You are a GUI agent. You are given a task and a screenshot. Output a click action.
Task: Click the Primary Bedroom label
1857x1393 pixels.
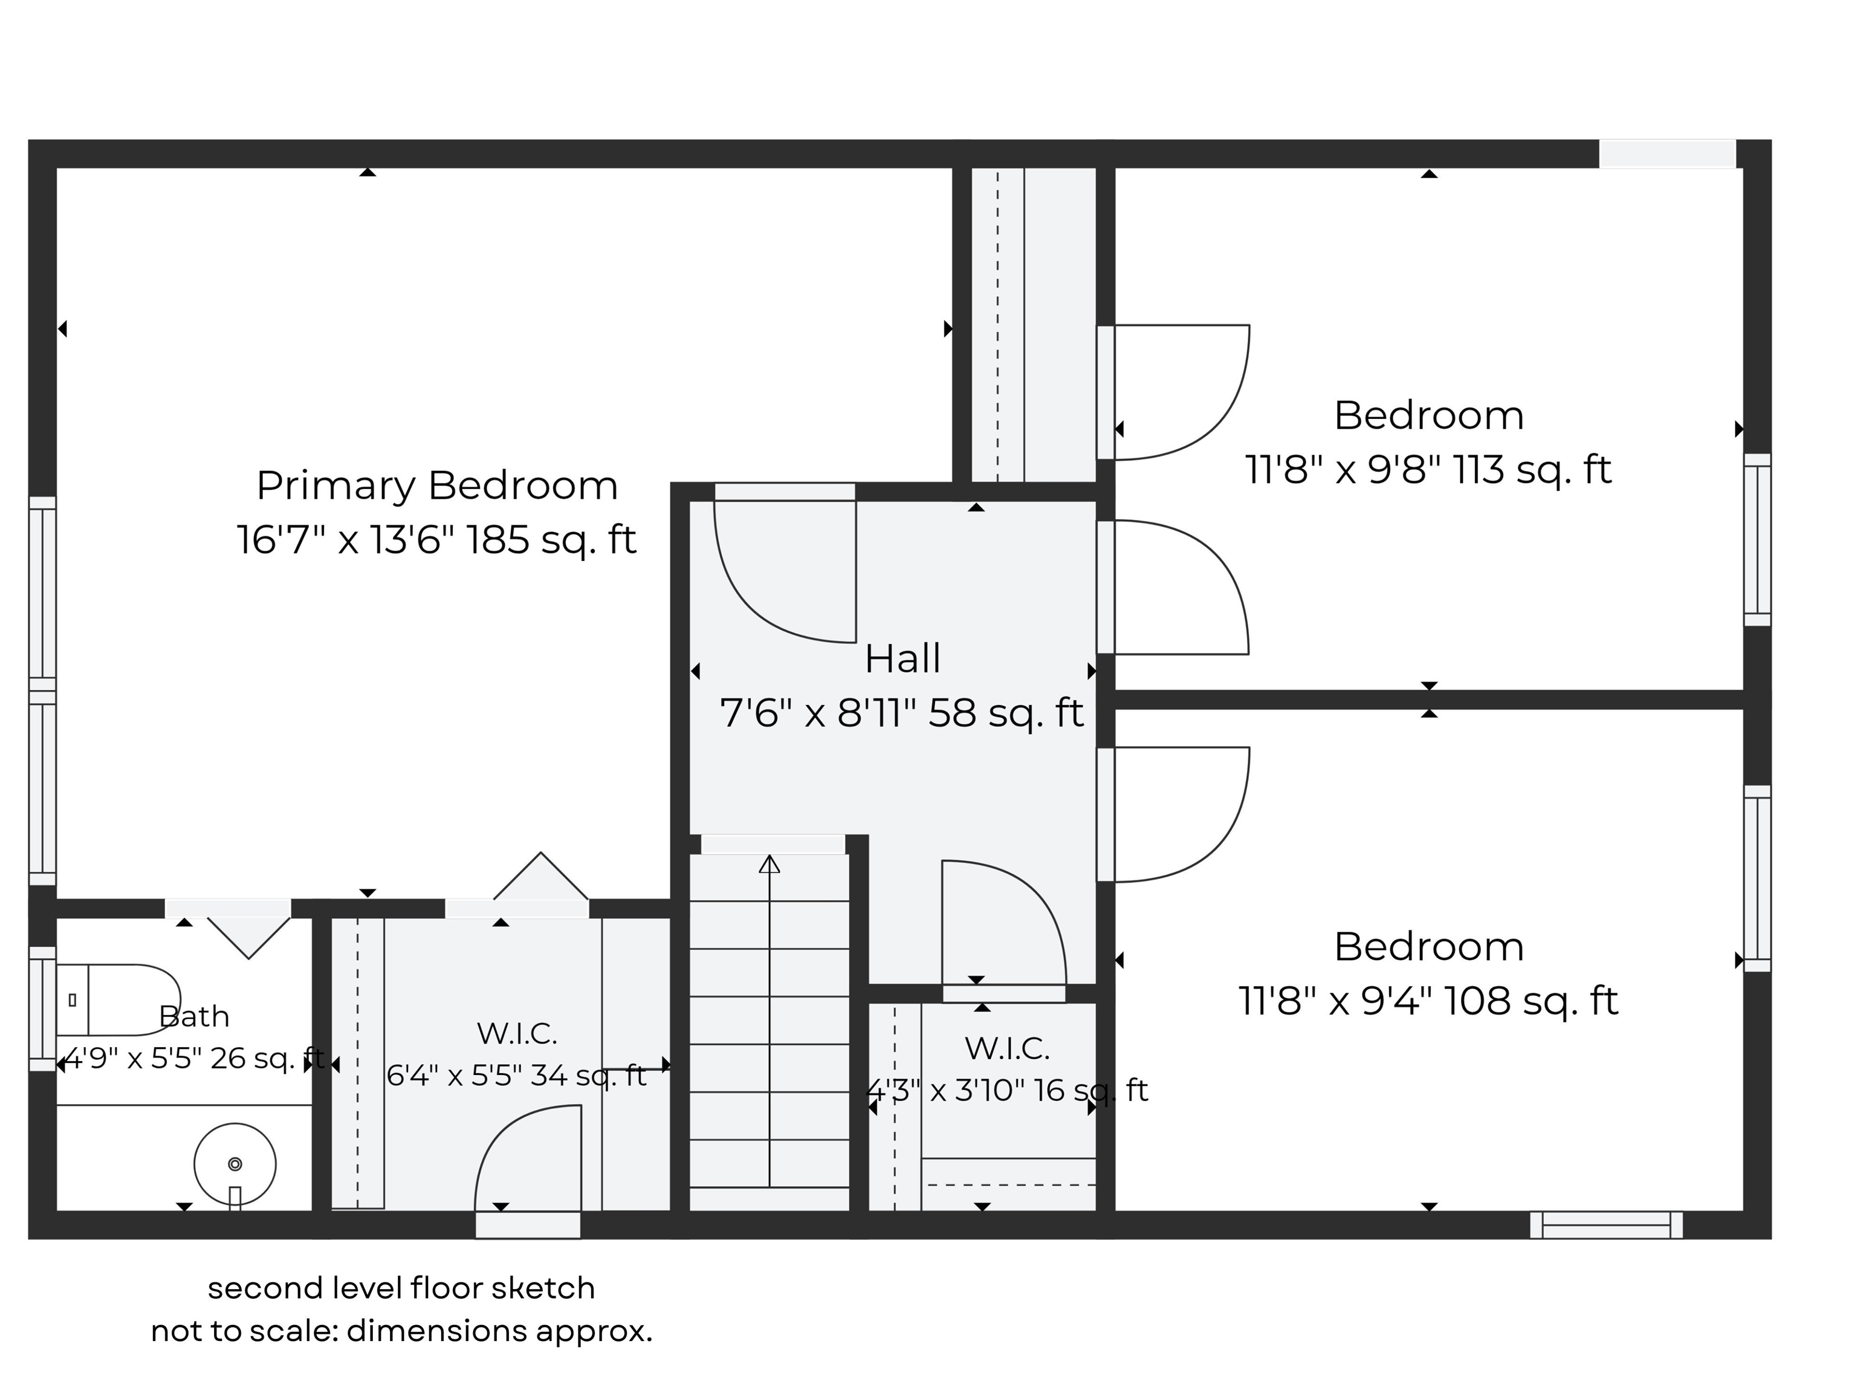436,485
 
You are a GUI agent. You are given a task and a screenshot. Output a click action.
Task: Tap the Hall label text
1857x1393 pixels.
903,658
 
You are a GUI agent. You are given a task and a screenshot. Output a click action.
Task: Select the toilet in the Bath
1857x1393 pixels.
117,999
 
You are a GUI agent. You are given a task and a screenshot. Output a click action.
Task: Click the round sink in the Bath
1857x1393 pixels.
235,1164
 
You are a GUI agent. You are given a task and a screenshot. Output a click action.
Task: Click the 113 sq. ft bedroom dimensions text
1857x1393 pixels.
1428,470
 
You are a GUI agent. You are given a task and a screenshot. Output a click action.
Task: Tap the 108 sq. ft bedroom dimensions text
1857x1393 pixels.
1428,1001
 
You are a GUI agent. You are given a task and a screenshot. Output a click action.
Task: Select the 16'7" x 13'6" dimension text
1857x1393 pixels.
436,539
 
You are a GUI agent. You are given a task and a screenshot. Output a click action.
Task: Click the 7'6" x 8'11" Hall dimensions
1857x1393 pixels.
903,713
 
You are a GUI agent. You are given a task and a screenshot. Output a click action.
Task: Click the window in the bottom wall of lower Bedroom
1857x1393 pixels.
1606,1225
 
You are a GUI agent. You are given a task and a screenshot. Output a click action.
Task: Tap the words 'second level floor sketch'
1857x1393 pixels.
401,1288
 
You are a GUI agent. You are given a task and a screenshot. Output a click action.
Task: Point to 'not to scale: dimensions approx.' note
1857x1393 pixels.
401,1331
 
